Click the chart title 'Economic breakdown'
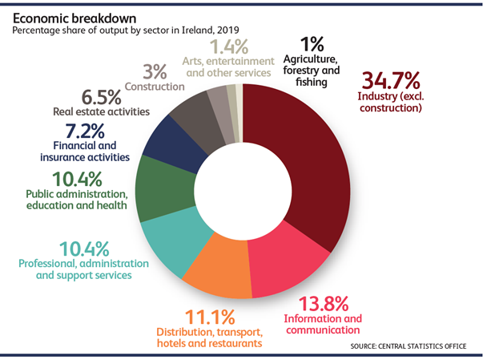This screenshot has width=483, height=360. click(67, 16)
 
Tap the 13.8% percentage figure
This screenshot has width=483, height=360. click(324, 304)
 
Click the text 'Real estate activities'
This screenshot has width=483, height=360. click(101, 112)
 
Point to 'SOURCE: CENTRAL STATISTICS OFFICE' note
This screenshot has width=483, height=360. click(407, 346)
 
